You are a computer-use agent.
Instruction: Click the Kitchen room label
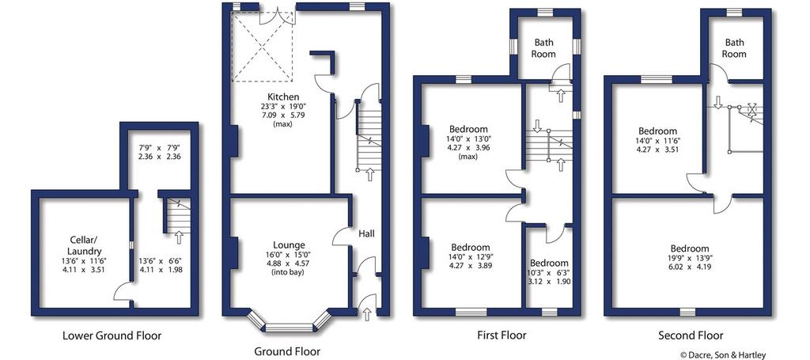(283, 97)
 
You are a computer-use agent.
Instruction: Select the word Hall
(367, 234)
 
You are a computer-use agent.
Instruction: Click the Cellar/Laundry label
(82, 246)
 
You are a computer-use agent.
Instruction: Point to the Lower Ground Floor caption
(112, 335)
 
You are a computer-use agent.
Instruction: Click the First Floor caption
(502, 335)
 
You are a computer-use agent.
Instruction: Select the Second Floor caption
(691, 335)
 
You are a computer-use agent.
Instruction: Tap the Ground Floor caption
(287, 352)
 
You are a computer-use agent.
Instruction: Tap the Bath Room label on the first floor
(544, 48)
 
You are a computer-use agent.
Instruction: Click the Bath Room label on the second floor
(734, 48)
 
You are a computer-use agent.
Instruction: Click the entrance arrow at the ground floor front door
(367, 313)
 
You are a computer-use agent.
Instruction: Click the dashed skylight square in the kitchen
(263, 47)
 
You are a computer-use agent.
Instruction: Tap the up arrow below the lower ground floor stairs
(179, 237)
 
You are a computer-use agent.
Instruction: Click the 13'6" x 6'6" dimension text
(161, 265)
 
